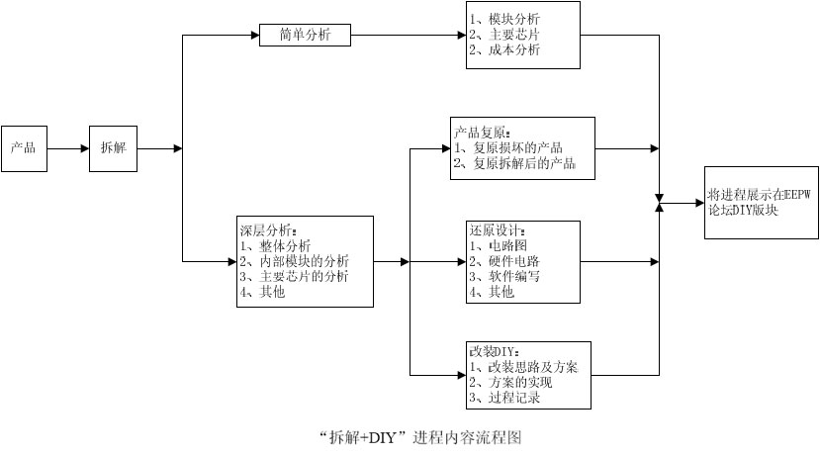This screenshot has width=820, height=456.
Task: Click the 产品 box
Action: (24, 148)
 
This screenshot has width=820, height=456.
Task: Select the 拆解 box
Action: (113, 148)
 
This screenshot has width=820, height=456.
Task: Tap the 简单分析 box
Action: (306, 36)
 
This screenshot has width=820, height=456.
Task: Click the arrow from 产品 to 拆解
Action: (67, 148)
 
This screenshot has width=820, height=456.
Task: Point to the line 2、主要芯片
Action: (504, 35)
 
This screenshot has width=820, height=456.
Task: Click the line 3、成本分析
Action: (504, 49)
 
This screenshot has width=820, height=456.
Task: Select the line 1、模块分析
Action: (504, 20)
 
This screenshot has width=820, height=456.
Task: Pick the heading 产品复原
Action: (483, 133)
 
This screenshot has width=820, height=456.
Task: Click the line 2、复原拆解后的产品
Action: (514, 163)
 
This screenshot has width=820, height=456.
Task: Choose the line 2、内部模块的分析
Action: (294, 261)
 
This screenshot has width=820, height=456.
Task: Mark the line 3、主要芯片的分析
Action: (294, 276)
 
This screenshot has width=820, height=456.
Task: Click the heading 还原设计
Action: (498, 230)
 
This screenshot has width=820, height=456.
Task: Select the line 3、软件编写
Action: (504, 276)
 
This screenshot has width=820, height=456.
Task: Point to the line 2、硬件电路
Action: (504, 261)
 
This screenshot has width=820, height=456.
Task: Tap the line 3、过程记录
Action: (504, 398)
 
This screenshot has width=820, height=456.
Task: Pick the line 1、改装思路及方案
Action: (523, 367)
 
